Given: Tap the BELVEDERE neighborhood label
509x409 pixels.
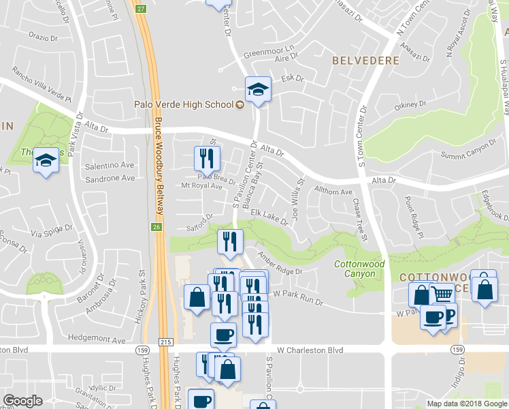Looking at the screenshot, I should [365, 61].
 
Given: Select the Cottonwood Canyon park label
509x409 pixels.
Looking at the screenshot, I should [359, 269].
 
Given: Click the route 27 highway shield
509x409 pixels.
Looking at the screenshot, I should [141, 7].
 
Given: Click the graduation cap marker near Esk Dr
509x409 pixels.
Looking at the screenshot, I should [258, 89].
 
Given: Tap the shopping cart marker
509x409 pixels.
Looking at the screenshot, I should [442, 294].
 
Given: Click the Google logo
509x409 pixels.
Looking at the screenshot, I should [22, 401].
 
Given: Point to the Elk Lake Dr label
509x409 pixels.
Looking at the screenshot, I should [269, 215].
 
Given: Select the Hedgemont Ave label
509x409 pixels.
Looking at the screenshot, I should [97, 339].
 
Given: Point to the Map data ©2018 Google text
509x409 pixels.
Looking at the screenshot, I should [467, 404].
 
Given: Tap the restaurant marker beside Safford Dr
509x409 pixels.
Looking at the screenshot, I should [230, 241].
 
